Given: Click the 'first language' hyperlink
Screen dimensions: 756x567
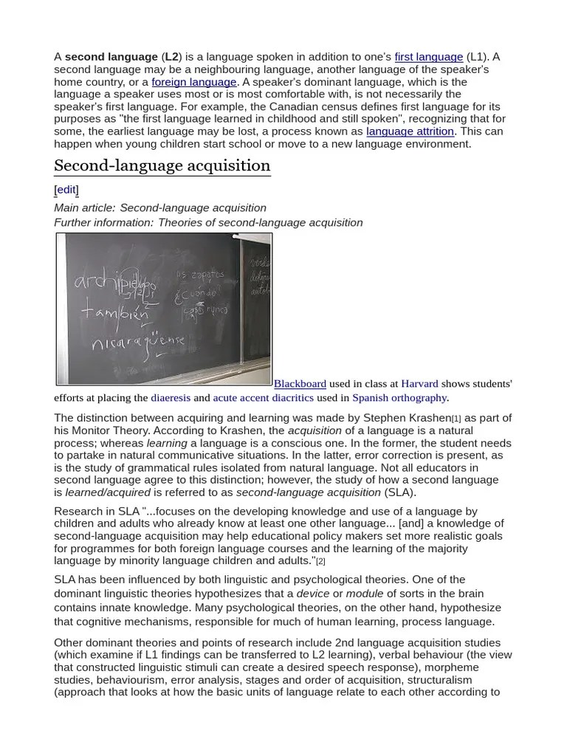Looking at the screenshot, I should pos(428,57).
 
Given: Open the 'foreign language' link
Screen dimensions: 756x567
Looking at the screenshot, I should pos(194,82).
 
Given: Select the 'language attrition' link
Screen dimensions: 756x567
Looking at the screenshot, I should pos(410,131).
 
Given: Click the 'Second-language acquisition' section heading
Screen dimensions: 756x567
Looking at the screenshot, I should pos(162,165).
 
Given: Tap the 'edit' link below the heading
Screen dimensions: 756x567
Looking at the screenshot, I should pos(66,190).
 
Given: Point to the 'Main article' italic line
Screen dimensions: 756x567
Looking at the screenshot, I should pos(160,208).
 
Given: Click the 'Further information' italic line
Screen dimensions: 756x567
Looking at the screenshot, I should pos(208,222).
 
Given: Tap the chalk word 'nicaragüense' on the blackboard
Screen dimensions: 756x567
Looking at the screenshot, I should pos(138,344).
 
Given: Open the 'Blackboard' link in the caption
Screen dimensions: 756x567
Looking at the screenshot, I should pos(300,384).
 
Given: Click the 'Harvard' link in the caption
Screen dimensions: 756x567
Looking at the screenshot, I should pos(419,384).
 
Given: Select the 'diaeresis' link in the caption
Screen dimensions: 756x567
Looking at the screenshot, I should pos(171,398).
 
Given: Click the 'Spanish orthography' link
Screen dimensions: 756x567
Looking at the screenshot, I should pos(399,398).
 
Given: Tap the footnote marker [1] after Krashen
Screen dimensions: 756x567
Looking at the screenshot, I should pos(456,419).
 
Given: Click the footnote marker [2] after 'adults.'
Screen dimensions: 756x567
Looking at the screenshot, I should pos(320,562).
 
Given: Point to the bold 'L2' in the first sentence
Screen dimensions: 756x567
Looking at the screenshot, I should pos(171,57).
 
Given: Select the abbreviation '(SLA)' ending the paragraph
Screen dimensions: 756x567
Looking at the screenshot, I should pos(400,492).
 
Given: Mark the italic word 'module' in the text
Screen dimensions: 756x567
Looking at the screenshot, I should pos(365,594).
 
